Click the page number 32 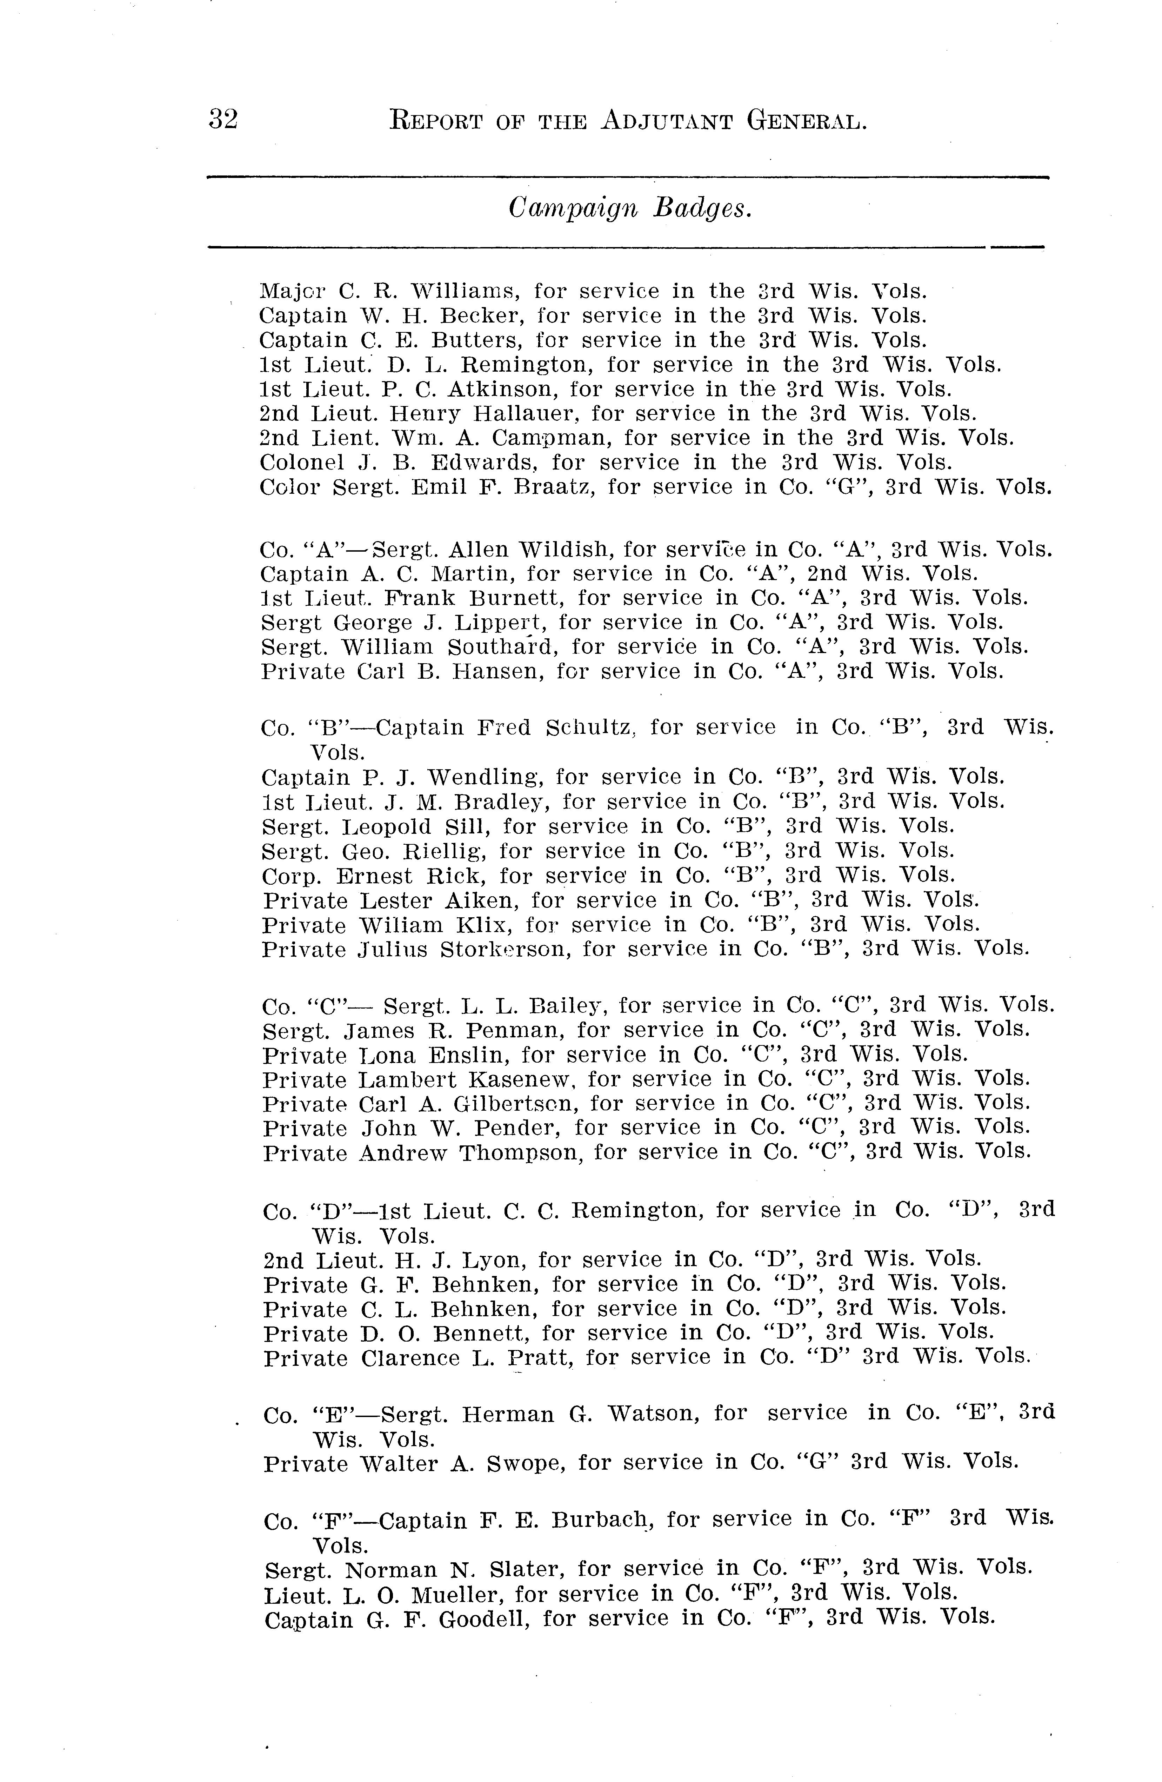pyautogui.click(x=223, y=120)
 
